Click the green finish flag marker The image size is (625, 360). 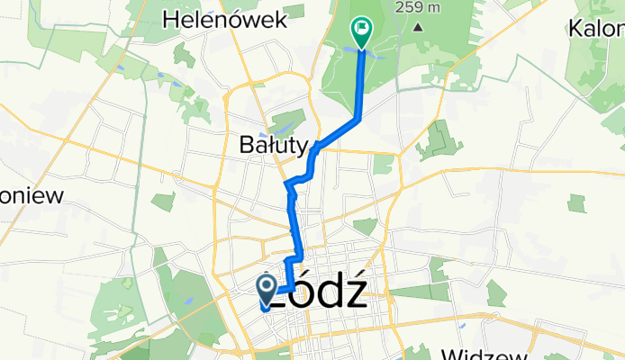(x=362, y=30)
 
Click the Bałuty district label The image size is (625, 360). (x=274, y=144)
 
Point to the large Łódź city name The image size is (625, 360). (x=320, y=292)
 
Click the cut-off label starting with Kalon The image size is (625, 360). (x=596, y=28)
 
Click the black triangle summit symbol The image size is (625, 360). (x=418, y=26)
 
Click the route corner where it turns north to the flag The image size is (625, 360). (x=360, y=118)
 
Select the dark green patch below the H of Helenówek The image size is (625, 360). (x=185, y=56)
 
